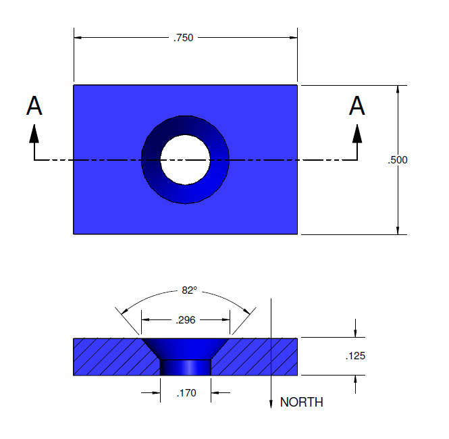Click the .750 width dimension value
183,38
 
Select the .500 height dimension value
398,160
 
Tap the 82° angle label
190,290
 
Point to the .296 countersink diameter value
186,320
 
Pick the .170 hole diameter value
186,393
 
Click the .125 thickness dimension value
355,356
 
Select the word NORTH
302,402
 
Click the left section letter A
34,105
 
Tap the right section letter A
356,105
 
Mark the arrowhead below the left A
34,134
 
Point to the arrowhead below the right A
357,134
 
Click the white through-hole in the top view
185,160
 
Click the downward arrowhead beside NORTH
271,403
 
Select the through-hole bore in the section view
185,367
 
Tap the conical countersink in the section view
185,348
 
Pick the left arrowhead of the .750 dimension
78,38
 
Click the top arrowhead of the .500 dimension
398,89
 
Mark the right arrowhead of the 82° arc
246,311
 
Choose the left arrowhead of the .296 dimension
145,319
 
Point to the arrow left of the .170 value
151,392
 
